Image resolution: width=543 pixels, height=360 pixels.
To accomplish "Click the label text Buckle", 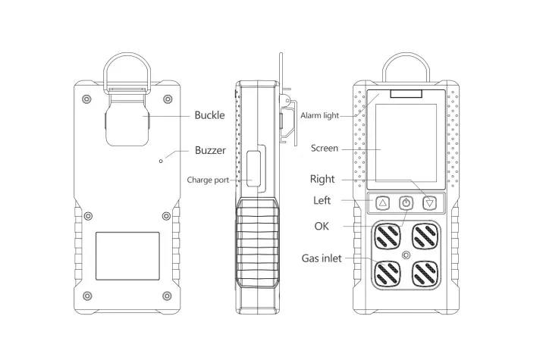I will [x=209, y=115].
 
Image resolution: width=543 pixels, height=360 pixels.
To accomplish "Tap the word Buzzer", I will [x=210, y=150].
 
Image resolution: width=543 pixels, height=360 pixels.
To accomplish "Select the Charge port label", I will [x=209, y=180].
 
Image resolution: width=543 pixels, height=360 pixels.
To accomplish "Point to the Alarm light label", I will [x=320, y=115].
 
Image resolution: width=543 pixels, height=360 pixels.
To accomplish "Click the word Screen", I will [x=325, y=149].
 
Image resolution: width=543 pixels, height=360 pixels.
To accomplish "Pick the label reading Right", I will [x=322, y=180].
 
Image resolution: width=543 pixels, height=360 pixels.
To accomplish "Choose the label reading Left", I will [x=322, y=201].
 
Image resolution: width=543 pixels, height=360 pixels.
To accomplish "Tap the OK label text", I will [x=322, y=226].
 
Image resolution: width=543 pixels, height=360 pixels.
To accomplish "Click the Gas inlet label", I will [x=322, y=258].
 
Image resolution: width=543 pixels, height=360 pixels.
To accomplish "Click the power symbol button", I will [x=406, y=203].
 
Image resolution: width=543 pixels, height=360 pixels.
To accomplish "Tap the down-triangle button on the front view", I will [x=431, y=203].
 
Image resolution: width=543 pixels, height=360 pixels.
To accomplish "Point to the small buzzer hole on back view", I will [x=160, y=160].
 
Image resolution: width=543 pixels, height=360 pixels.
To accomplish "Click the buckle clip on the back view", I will [x=126, y=117].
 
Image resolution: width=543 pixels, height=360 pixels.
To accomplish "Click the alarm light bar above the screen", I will [x=406, y=95].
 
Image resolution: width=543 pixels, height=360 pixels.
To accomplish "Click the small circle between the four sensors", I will [x=406, y=255].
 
